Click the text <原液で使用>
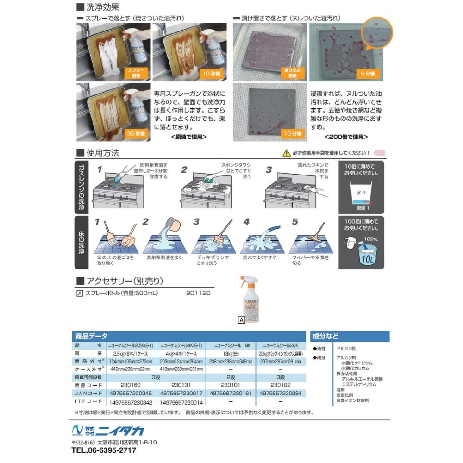(188, 137)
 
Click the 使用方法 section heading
(102, 153)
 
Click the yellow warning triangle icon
(288, 153)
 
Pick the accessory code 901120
(198, 293)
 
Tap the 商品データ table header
(91, 336)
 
